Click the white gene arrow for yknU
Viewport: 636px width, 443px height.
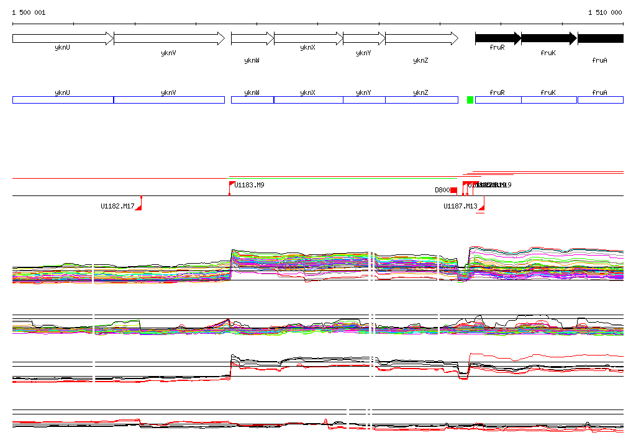coord(63,38)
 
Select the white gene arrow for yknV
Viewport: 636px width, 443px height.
coord(169,38)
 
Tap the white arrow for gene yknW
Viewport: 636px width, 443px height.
coord(252,38)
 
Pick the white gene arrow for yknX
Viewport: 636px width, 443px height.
coord(308,38)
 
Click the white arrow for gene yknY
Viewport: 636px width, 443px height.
coord(364,38)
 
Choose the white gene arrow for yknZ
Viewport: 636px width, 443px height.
coord(421,38)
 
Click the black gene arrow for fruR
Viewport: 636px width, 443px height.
coord(497,38)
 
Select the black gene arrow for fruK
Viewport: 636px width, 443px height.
coord(548,38)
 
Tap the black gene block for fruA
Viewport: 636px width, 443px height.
coord(600,38)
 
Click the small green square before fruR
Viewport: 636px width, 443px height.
coord(470,100)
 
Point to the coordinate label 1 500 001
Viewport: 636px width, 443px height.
coord(29,12)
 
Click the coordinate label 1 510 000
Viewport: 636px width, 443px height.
coord(605,12)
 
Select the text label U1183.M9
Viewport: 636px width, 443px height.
coord(250,185)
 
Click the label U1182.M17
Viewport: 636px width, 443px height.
coord(117,206)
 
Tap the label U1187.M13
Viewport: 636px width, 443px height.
coord(460,206)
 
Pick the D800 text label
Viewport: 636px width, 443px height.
coord(442,190)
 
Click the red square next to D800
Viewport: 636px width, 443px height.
coord(453,190)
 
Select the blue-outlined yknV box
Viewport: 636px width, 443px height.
coord(169,100)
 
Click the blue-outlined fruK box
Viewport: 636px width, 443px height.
coord(548,100)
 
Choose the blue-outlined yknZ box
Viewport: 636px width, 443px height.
coord(421,100)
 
